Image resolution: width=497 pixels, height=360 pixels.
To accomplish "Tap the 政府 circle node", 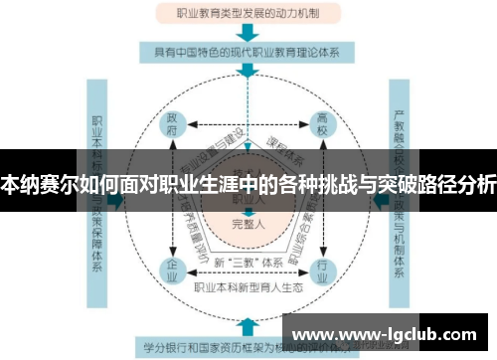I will pos(171,127).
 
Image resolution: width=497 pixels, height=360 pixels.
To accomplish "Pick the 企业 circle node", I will pos(171,269).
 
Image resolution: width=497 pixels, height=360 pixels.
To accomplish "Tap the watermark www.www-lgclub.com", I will pos(388,333).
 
